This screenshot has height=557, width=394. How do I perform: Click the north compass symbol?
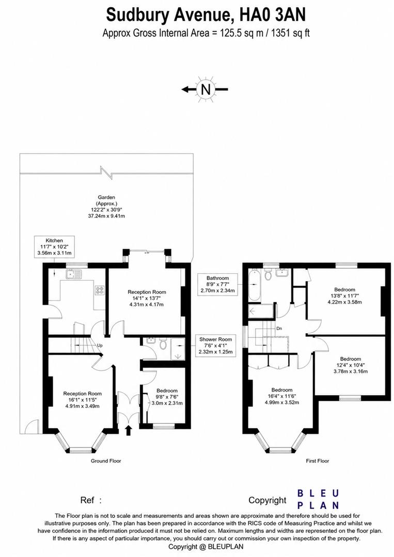[206, 90]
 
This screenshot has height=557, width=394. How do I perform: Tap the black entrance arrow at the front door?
[129, 431]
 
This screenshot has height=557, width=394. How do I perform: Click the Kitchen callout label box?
[54, 247]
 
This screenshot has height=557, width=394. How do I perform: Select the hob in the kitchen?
[99, 290]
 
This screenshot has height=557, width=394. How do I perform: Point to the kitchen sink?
[74, 274]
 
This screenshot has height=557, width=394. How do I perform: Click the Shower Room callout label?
[215, 346]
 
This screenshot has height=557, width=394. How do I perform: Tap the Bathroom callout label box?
[218, 284]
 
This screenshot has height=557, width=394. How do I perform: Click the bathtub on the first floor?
[254, 285]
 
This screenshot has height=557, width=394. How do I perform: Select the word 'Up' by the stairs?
[100, 345]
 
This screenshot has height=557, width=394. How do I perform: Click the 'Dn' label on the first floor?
[279, 328]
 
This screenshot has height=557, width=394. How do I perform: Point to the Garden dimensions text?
[107, 207]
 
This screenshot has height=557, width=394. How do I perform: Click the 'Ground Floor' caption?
[106, 461]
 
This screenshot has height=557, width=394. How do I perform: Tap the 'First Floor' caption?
[318, 461]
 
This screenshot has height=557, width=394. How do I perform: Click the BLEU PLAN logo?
[318, 499]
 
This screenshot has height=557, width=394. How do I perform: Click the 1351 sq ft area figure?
[291, 34]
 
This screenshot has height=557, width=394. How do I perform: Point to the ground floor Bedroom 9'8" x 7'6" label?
[167, 397]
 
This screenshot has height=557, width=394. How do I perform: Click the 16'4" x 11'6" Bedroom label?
[282, 396]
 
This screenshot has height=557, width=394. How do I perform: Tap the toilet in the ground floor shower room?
[163, 344]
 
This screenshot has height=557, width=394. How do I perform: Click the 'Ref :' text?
[91, 500]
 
